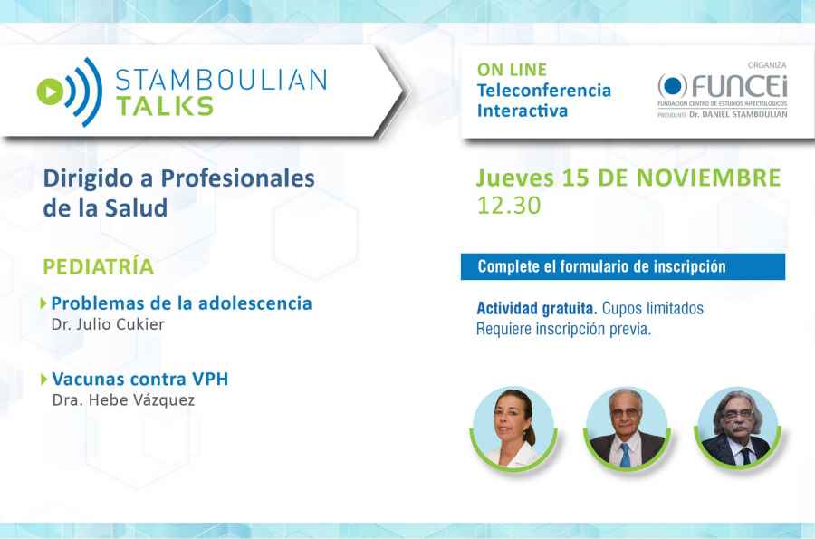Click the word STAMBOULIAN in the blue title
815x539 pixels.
click(221, 79)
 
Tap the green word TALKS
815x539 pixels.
click(165, 105)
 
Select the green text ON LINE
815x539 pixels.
click(511, 70)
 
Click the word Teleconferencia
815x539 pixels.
click(544, 91)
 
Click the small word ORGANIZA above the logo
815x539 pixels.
click(767, 65)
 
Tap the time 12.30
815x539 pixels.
click(508, 206)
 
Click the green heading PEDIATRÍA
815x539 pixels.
click(99, 267)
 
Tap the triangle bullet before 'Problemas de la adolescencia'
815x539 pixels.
click(45, 303)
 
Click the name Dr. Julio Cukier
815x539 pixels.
click(108, 324)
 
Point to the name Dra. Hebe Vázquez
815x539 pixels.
click(124, 399)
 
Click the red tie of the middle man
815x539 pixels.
click(624, 451)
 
